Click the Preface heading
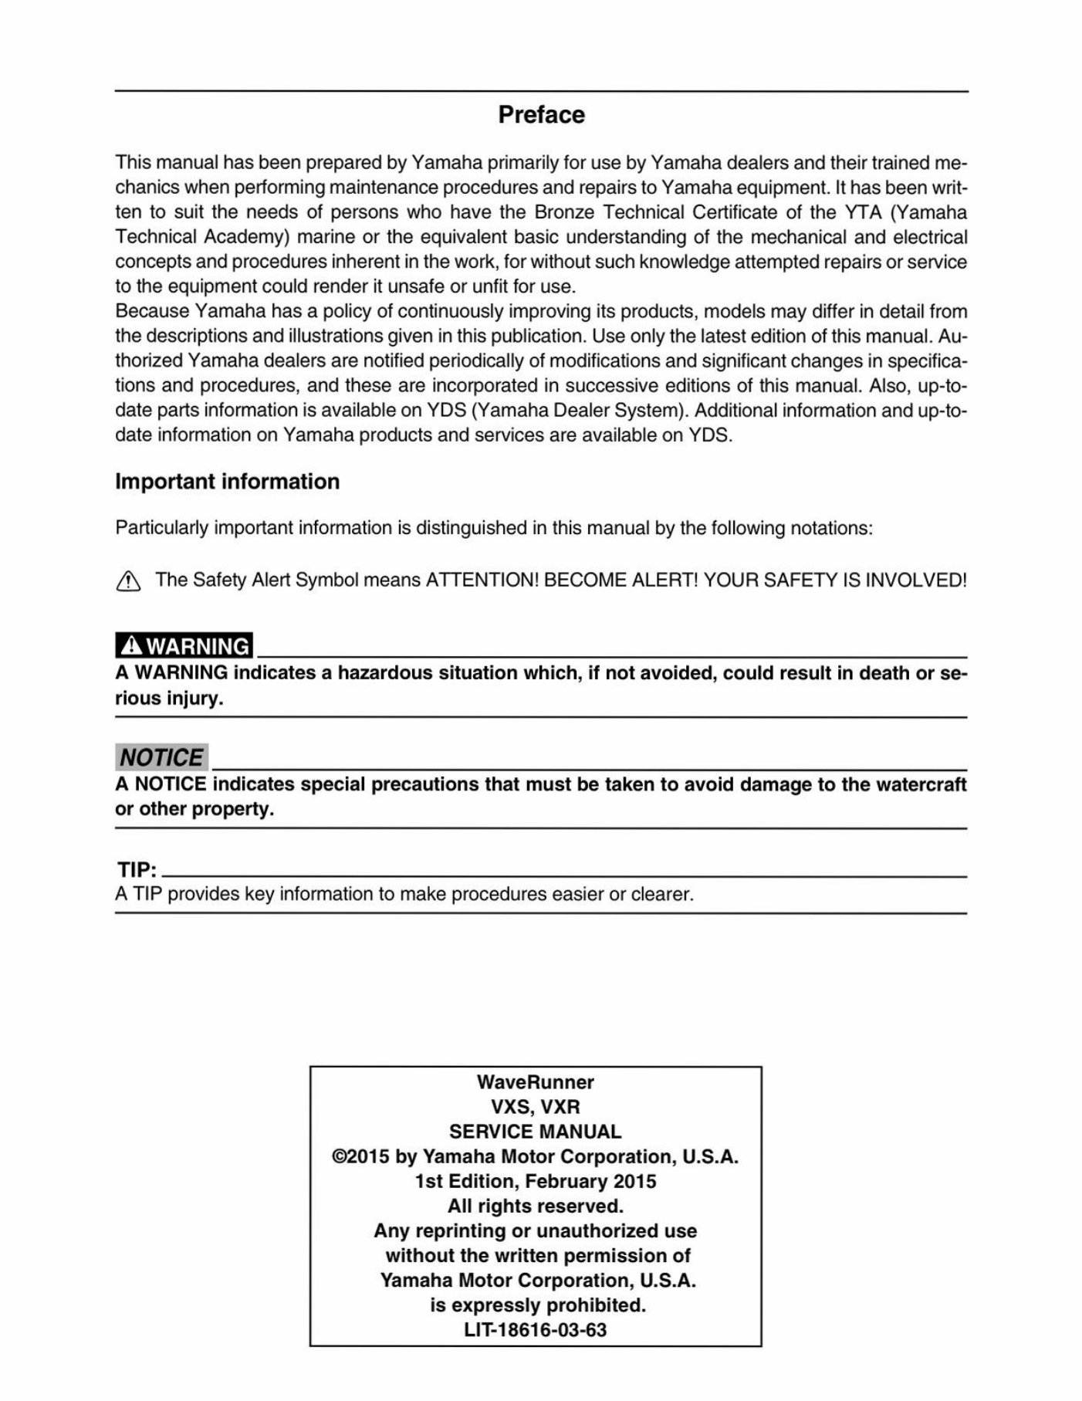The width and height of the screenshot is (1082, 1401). [541, 115]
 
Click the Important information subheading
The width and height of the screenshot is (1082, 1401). [227, 482]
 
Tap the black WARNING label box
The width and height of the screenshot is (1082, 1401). [184, 645]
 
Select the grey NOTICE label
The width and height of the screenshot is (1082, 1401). [161, 757]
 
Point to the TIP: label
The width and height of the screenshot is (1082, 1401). [137, 870]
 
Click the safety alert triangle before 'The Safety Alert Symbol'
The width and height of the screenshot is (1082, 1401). [128, 582]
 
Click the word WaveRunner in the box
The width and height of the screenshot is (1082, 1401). [535, 1082]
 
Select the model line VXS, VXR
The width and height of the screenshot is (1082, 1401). [535, 1107]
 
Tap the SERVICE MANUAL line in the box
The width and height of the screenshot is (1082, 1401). [535, 1132]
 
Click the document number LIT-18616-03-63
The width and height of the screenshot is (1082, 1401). [535, 1330]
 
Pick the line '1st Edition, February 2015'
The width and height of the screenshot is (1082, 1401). [535, 1181]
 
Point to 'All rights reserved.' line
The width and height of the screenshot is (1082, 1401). [535, 1206]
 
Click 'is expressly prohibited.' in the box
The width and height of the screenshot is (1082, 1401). [537, 1305]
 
